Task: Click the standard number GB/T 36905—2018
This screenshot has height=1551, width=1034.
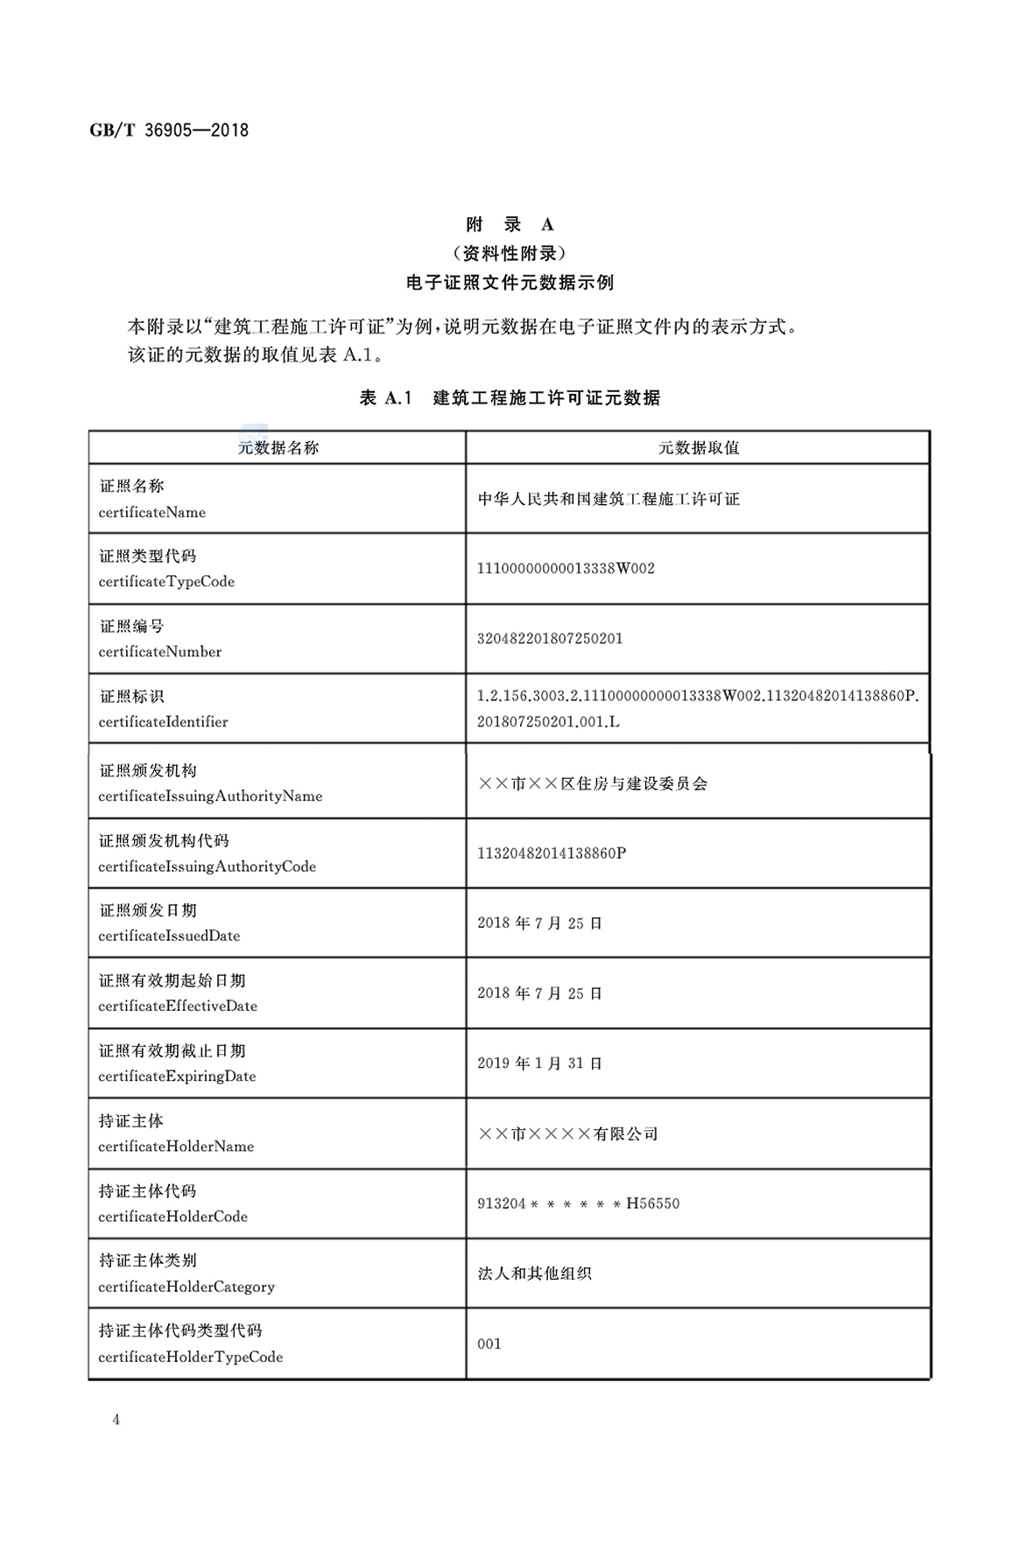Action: (169, 130)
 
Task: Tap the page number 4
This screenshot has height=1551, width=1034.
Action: (116, 1420)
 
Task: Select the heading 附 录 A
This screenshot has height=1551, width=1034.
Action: (510, 225)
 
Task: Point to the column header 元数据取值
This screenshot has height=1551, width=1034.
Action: (698, 448)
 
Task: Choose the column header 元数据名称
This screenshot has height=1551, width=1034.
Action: (278, 448)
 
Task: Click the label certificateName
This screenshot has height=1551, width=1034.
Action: (152, 513)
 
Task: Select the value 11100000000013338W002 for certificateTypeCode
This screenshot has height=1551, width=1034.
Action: (566, 569)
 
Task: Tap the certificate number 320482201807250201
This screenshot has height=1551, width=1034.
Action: (550, 639)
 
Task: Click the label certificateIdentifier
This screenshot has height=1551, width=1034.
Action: (163, 722)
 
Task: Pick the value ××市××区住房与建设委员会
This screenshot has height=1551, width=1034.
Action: (593, 783)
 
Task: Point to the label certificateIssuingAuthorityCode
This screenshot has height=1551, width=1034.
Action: (207, 867)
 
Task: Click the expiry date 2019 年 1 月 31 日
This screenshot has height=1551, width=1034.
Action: (539, 1063)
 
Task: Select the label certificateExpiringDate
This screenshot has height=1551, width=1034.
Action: (177, 1077)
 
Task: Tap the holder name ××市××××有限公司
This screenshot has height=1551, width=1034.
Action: (567, 1133)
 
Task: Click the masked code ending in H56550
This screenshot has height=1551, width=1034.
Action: (578, 1204)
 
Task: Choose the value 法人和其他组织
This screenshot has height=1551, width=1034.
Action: (534, 1274)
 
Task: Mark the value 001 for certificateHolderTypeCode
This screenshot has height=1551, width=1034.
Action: (489, 1344)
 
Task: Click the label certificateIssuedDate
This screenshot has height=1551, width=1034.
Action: (169, 936)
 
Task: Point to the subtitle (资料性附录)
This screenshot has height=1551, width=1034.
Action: (510, 254)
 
